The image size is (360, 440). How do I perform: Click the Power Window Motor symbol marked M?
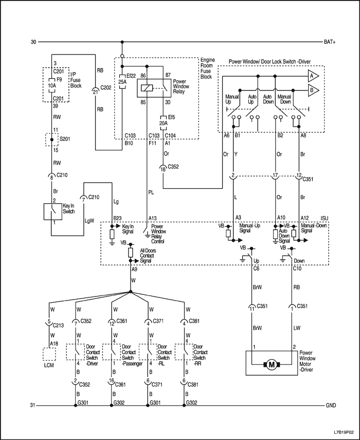pos(270,364)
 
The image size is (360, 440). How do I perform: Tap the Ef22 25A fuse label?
pos(122,79)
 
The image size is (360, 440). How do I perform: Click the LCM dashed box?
pos(49,355)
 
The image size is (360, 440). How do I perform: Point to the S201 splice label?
pos(64,139)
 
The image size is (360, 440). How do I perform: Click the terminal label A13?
pos(153,218)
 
